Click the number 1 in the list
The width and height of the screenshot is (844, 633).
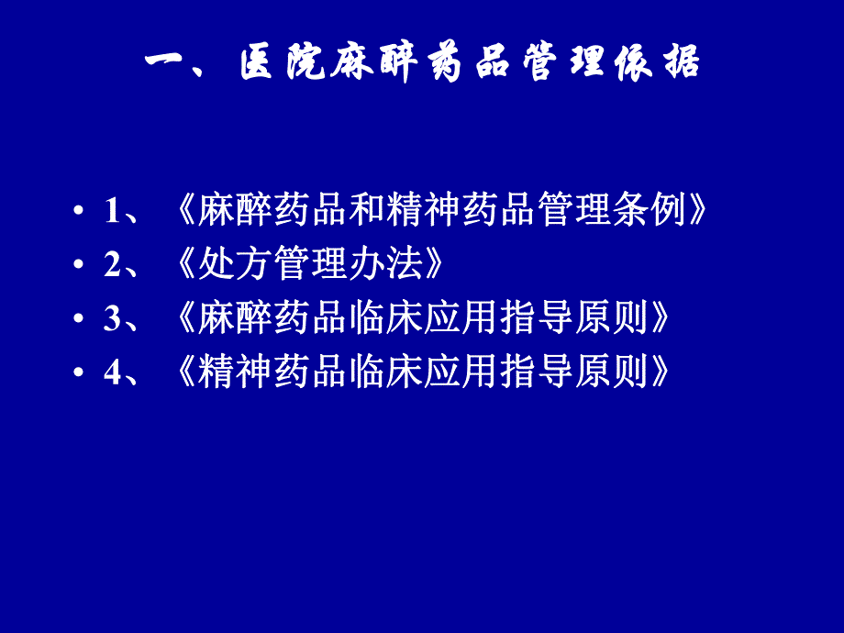[112, 212]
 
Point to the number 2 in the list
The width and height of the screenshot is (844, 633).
[112, 265]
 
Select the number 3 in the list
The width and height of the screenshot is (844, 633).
[112, 319]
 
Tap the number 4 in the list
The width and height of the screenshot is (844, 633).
[112, 373]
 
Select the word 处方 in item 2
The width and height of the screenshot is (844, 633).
[226, 265]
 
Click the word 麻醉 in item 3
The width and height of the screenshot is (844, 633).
[226, 318]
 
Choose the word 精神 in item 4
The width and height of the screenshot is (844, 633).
[226, 372]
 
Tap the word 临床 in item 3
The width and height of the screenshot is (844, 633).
[396, 318]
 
